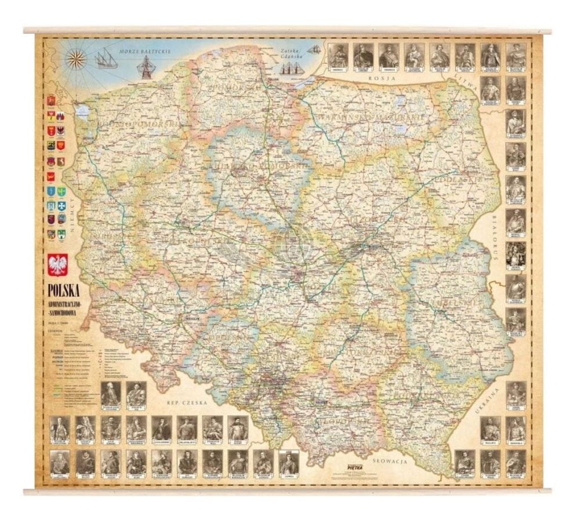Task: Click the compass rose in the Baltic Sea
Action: [75, 58]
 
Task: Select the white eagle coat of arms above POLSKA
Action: [58, 265]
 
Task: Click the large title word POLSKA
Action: [64, 289]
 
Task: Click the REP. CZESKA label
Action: [183, 401]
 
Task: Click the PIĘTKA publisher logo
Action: [354, 464]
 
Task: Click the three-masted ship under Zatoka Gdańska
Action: [292, 68]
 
